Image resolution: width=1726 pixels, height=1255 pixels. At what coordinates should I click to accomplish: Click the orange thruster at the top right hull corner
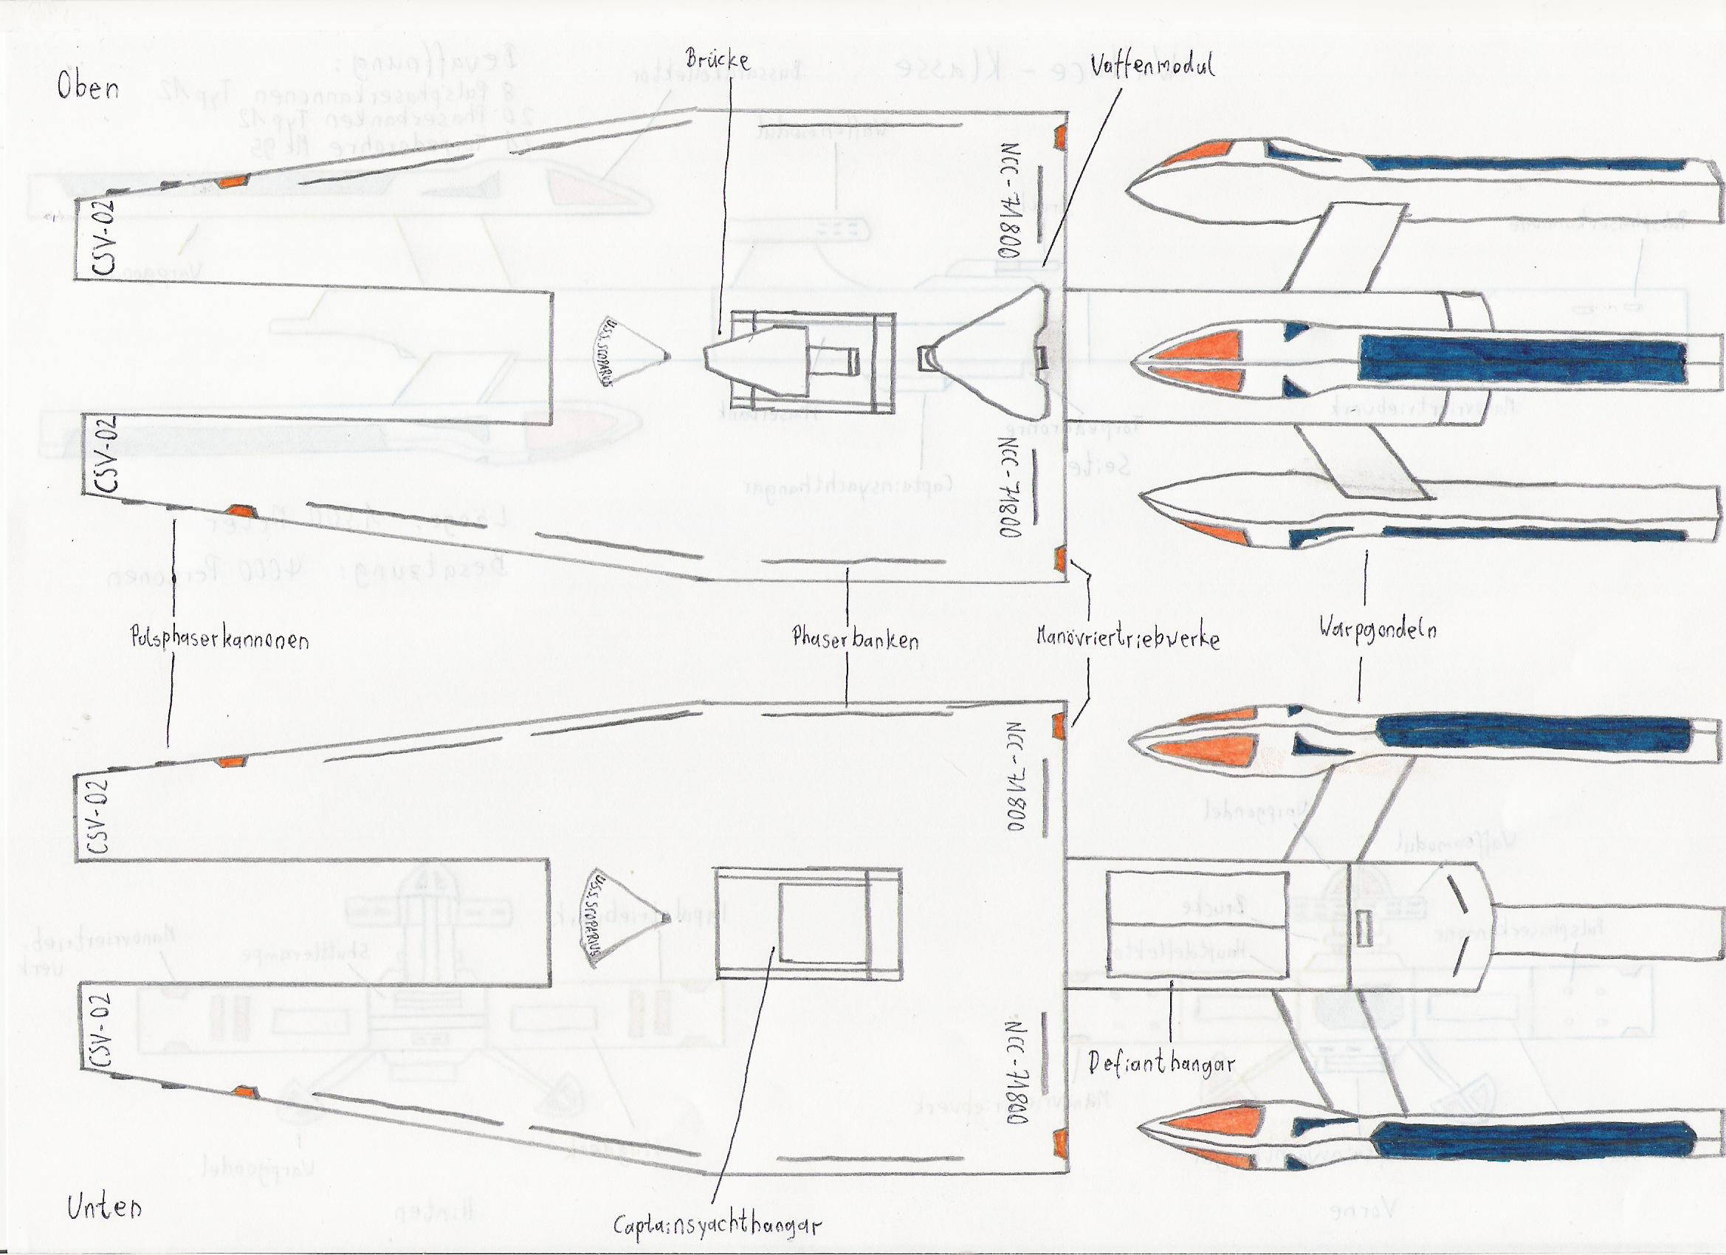point(1059,137)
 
